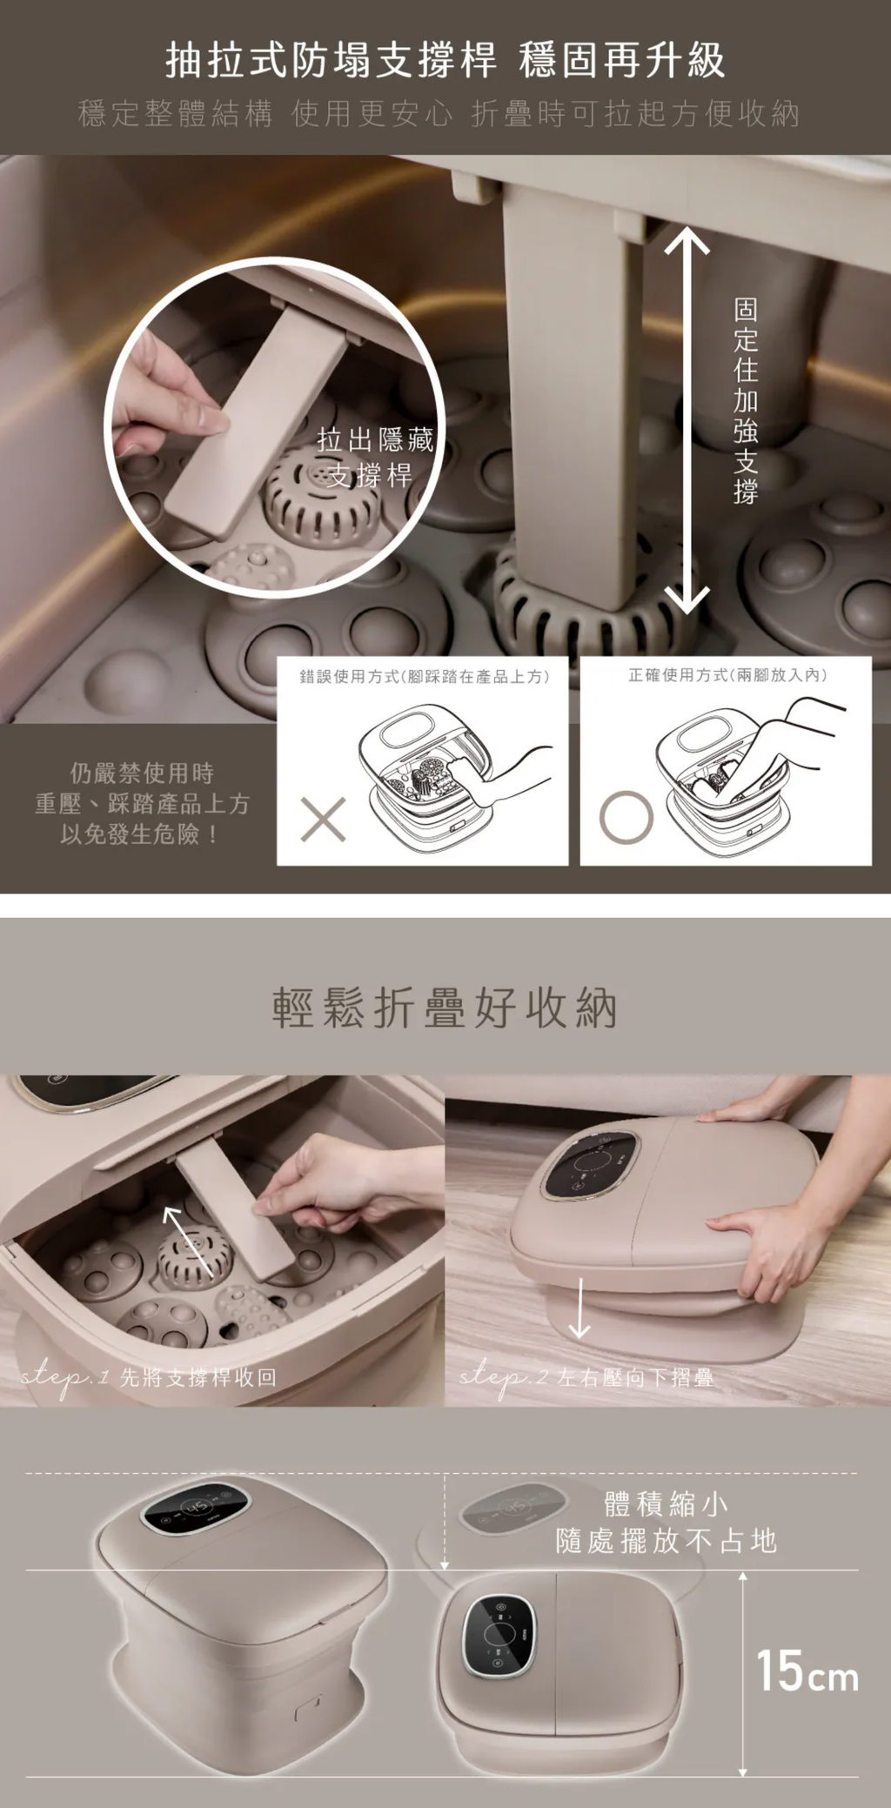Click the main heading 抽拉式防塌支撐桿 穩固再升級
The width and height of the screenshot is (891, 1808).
click(445, 60)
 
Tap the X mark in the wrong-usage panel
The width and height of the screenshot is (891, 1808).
click(323, 819)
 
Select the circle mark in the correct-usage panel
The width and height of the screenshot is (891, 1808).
click(626, 818)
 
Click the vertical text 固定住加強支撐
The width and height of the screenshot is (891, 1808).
click(746, 401)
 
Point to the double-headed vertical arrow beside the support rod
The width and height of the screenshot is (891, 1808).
click(687, 419)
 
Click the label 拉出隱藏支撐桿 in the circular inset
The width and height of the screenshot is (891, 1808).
click(375, 458)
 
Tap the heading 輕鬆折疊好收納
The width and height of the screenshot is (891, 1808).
click(445, 1008)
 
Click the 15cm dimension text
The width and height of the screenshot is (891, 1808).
click(807, 1671)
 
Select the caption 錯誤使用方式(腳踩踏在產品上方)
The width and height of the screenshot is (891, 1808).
click(425, 676)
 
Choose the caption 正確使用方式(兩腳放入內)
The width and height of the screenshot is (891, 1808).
click(727, 674)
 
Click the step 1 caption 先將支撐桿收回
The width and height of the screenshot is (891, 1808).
click(198, 1377)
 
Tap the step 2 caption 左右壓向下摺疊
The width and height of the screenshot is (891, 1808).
click(635, 1377)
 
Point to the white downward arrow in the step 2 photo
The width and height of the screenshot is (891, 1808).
click(579, 1308)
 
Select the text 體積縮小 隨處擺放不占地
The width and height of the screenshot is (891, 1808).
click(667, 1522)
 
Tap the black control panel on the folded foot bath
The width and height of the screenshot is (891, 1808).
click(498, 1636)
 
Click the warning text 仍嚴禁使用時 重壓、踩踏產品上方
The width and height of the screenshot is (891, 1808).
click(142, 788)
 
